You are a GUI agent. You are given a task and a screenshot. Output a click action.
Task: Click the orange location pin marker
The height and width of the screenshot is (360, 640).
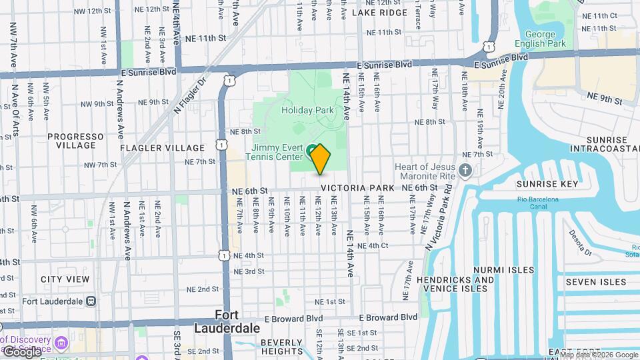coord(320,159)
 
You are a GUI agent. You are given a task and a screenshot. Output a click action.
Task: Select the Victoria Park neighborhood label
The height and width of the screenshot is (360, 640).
coord(357,189)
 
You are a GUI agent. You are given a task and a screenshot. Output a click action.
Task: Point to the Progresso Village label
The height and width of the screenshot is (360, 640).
coord(75,141)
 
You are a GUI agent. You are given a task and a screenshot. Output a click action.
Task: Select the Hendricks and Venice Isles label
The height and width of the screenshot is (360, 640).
coord(456,284)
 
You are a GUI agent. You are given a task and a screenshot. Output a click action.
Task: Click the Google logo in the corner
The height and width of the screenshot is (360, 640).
coord(21,351)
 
